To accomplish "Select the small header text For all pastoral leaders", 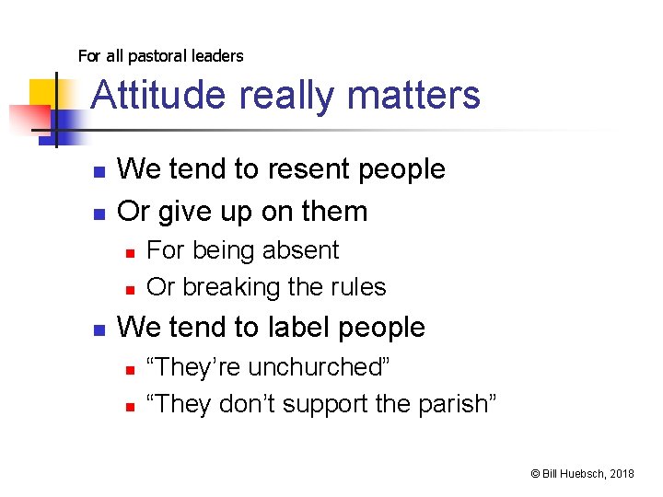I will pos(161,56).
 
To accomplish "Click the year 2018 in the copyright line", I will pos(622,473).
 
